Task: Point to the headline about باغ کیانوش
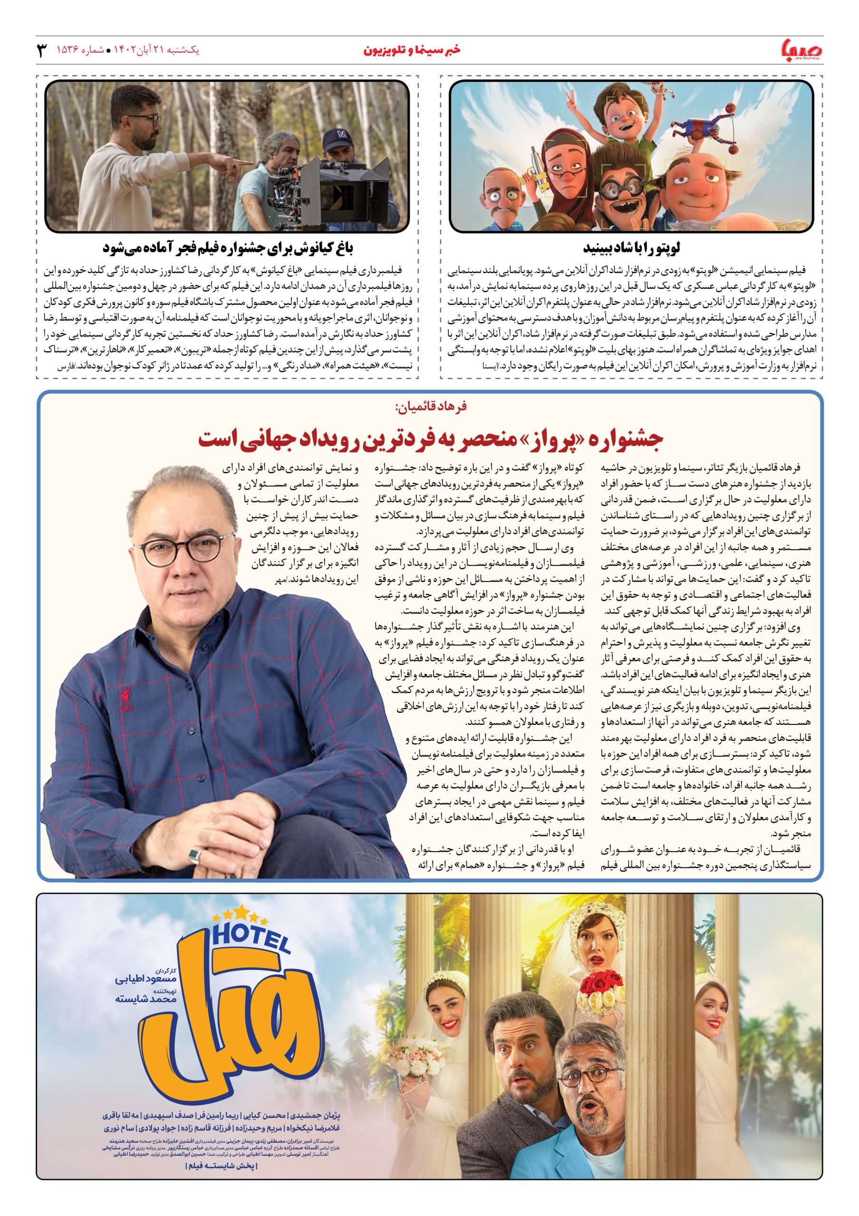tap(227, 247)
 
